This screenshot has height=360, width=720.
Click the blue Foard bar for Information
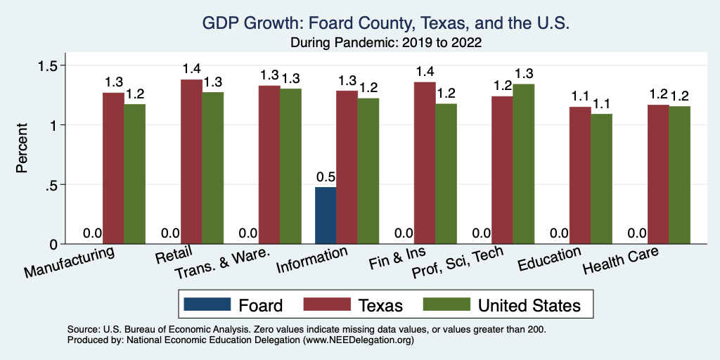(326, 216)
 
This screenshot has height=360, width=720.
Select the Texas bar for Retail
(191, 162)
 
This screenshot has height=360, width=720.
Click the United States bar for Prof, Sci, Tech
(523, 164)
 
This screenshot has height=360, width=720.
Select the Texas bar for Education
(579, 175)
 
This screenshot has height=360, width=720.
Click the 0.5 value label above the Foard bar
(326, 176)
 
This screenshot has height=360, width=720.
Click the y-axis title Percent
(23, 148)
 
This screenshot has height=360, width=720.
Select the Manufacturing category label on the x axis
(69, 262)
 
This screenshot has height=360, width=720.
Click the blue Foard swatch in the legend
(207, 305)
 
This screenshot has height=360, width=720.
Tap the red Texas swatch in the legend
(326, 305)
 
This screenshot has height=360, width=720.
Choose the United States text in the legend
(529, 305)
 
